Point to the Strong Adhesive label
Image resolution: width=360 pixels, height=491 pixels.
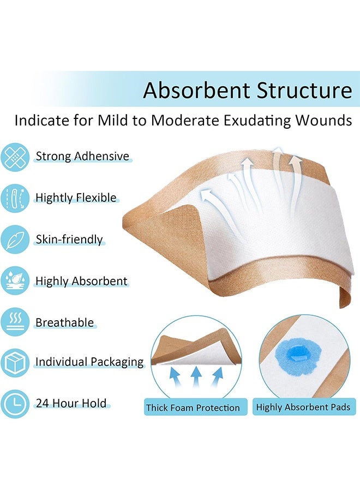[x=82, y=157]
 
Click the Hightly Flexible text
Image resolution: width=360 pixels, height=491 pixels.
[x=76, y=197]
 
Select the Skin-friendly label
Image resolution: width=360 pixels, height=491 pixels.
[x=69, y=239]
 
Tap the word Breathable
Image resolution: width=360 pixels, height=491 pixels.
[x=64, y=322]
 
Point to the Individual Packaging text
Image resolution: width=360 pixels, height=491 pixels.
[x=89, y=362]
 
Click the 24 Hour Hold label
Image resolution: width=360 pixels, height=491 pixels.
[x=70, y=404]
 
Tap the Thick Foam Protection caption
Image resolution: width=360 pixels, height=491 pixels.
[x=193, y=408]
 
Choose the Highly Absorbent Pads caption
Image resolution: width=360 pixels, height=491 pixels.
[x=303, y=408]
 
